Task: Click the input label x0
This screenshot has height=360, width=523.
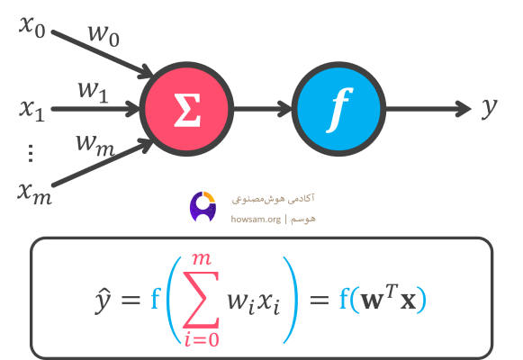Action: click(x=32, y=27)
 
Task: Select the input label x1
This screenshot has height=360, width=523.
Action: click(x=32, y=111)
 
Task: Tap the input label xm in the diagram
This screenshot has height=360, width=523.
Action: click(x=35, y=194)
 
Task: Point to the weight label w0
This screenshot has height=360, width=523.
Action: click(x=104, y=36)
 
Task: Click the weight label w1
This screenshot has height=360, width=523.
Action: click(x=94, y=92)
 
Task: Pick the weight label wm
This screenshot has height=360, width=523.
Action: click(x=95, y=146)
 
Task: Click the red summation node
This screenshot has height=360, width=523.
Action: click(x=187, y=109)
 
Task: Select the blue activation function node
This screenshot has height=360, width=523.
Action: click(x=338, y=109)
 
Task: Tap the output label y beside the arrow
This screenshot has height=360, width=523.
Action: click(x=490, y=108)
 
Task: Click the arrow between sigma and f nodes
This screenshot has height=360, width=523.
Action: click(x=263, y=109)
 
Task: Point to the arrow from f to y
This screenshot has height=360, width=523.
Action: click(x=428, y=109)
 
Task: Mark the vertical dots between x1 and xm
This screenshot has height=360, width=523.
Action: click(x=31, y=153)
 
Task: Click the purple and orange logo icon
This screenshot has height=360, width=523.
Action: click(x=203, y=206)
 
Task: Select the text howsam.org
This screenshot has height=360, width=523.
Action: click(x=256, y=219)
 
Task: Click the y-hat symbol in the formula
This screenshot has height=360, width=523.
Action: click(x=103, y=300)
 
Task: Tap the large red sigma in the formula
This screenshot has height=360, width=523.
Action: click(x=201, y=300)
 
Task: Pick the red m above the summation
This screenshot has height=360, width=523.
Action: click(x=202, y=259)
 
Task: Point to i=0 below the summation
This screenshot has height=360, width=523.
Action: click(x=202, y=339)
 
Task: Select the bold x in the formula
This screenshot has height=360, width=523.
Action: click(x=408, y=301)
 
